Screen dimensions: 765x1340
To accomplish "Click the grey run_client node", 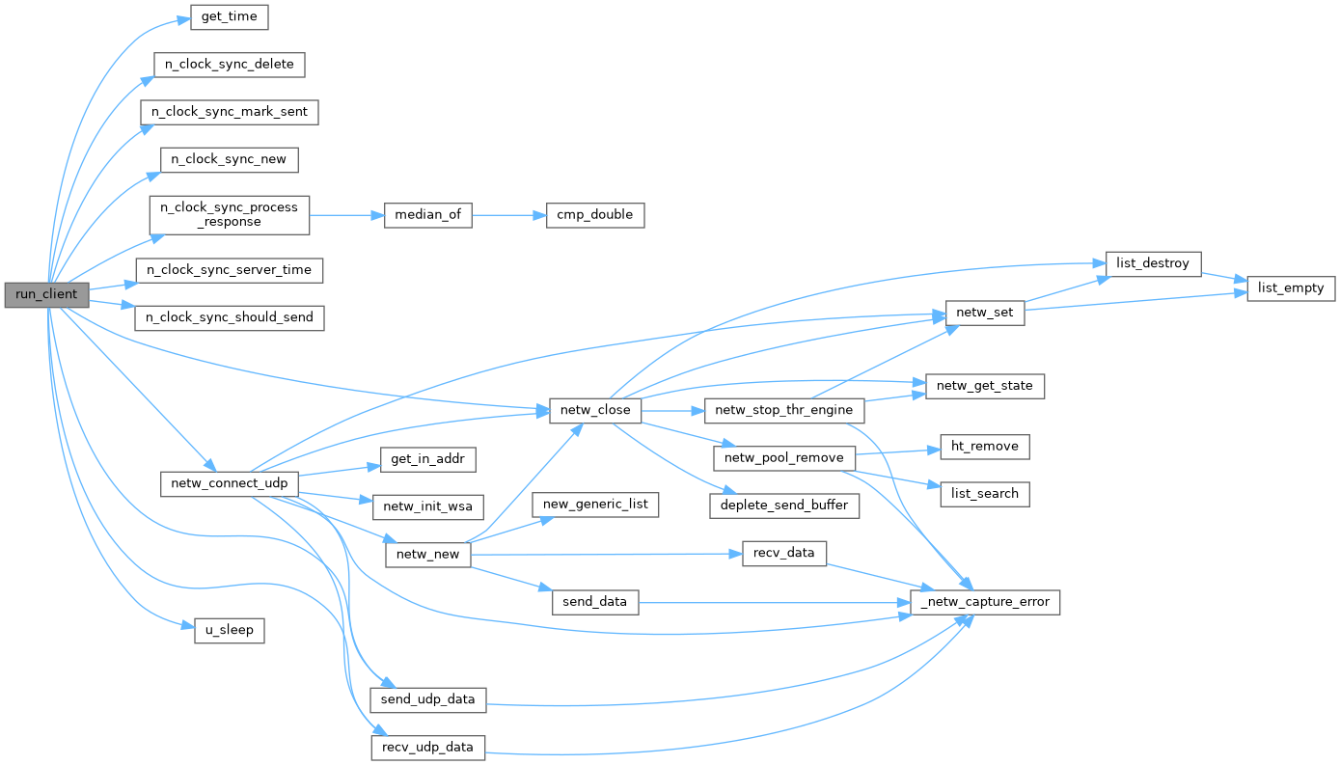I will click(46, 293).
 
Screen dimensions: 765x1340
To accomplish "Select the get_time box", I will click(229, 17).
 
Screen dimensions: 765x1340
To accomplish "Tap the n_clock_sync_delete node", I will click(230, 65).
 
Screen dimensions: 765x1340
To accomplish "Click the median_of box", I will click(427, 214).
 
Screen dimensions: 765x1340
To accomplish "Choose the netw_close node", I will click(595, 410).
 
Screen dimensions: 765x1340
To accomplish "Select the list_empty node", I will click(1291, 287).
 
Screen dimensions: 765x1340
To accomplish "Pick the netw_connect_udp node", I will click(229, 482).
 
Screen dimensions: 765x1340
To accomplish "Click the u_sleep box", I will click(230, 631).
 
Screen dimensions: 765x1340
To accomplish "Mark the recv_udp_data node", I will click(428, 747).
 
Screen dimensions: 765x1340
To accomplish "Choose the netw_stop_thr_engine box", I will click(784, 410).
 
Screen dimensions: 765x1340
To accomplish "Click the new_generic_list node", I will click(596, 505).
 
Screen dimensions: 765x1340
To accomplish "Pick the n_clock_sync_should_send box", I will click(230, 316).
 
